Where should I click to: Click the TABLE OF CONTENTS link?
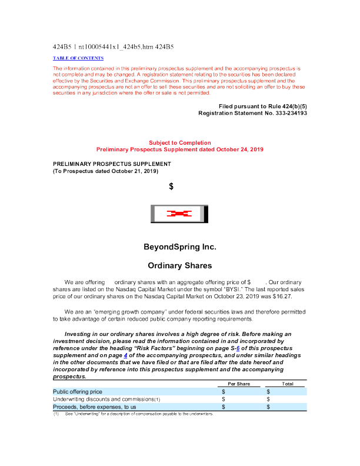78,58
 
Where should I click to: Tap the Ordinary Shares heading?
179,265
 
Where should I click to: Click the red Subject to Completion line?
179,142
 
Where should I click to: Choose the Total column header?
288,384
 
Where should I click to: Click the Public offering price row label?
78,391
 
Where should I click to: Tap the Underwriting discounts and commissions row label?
106,399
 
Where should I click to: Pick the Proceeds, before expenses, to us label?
95,407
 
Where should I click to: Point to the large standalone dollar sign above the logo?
171,187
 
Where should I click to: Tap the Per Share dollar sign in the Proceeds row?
224,407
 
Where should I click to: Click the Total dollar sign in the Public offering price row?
268,391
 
